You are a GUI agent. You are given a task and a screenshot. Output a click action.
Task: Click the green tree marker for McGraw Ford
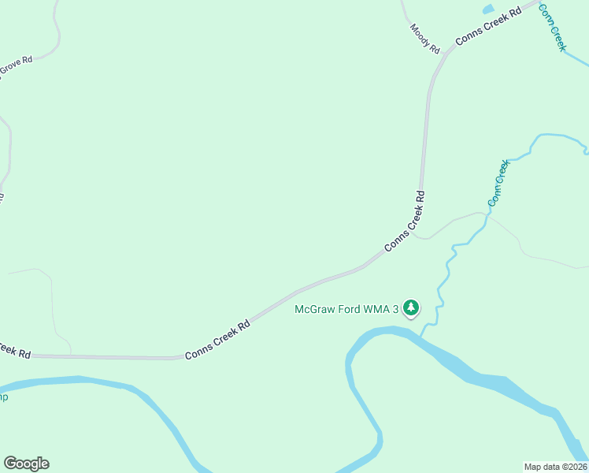[x=410, y=308]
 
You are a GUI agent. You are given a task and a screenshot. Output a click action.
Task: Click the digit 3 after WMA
[x=396, y=309]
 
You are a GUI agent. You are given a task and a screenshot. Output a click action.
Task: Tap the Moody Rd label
[x=424, y=38]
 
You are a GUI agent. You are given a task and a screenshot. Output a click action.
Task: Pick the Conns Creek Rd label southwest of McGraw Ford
[x=217, y=339]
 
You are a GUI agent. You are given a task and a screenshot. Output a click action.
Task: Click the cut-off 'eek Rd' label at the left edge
[x=14, y=350]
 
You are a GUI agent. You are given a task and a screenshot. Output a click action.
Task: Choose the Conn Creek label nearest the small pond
[x=552, y=28]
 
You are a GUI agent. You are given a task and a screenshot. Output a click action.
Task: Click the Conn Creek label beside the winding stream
[x=498, y=183]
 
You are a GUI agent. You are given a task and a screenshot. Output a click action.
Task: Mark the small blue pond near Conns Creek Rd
[x=487, y=9]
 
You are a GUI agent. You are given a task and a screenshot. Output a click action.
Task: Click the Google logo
[x=26, y=464]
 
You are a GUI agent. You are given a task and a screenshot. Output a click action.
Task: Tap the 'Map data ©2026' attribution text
[x=555, y=466]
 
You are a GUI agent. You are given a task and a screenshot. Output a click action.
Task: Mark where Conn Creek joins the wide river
[x=421, y=337]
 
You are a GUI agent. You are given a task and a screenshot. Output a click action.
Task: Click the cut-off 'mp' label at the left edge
[x=4, y=397]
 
